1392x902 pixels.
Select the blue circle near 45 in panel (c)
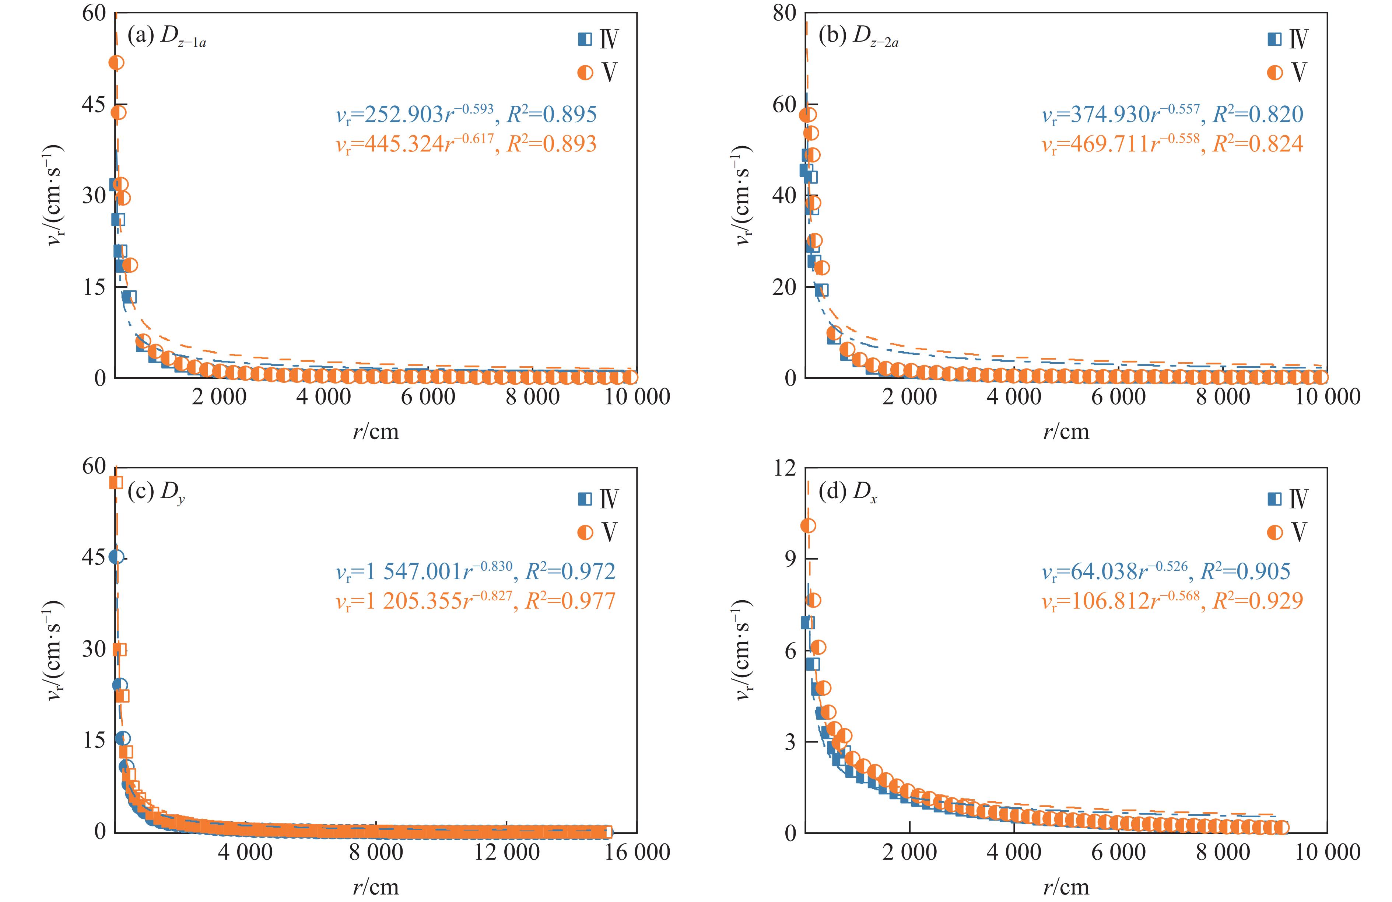116,557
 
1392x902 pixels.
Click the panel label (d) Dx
848,493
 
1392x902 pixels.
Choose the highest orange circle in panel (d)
808,526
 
